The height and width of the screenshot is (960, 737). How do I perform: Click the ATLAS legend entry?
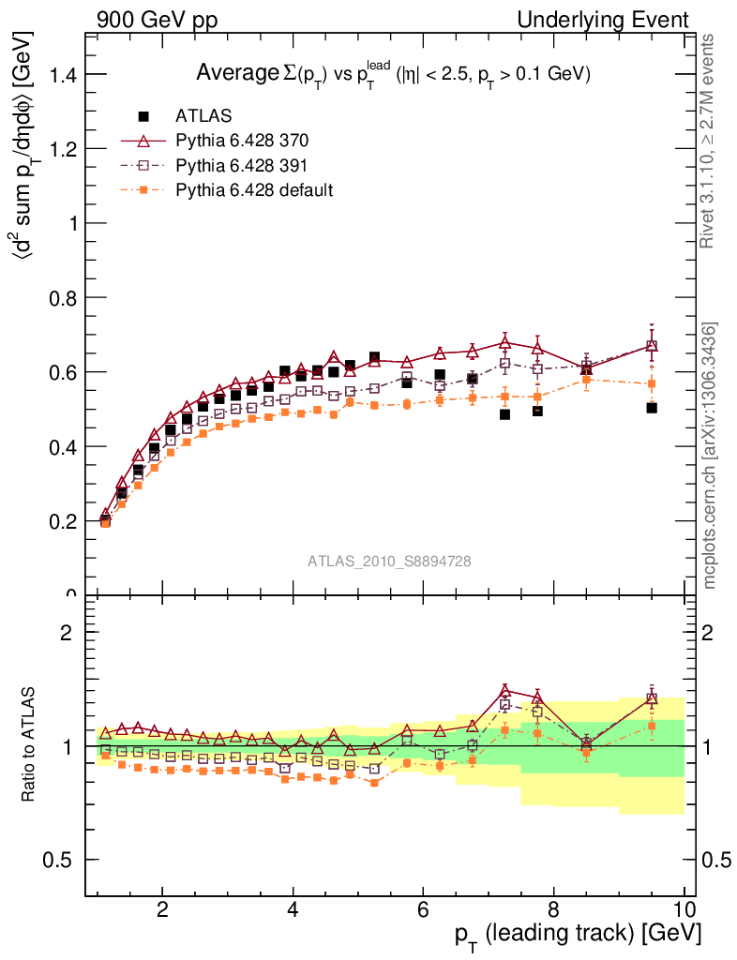[x=203, y=116]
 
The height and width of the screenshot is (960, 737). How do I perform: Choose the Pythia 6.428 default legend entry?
[x=254, y=189]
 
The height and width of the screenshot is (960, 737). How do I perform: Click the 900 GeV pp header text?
[x=156, y=20]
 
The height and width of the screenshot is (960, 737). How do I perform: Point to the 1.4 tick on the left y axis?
[x=59, y=74]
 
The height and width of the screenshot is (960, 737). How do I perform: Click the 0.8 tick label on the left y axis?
[x=59, y=297]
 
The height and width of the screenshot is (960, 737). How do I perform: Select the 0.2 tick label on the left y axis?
[x=59, y=520]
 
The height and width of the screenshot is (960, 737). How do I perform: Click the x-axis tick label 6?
[x=423, y=908]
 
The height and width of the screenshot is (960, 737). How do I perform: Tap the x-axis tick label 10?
[x=684, y=908]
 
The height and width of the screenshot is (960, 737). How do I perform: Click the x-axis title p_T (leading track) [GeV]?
[x=576, y=935]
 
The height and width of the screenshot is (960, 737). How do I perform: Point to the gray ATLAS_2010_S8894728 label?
[x=389, y=561]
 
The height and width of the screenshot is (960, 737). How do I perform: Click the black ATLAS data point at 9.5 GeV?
[x=652, y=408]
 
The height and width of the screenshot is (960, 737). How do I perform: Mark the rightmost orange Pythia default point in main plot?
[x=652, y=383]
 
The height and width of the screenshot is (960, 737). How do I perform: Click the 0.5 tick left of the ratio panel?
[x=59, y=860]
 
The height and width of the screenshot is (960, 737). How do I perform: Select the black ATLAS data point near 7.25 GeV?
[x=504, y=414]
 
